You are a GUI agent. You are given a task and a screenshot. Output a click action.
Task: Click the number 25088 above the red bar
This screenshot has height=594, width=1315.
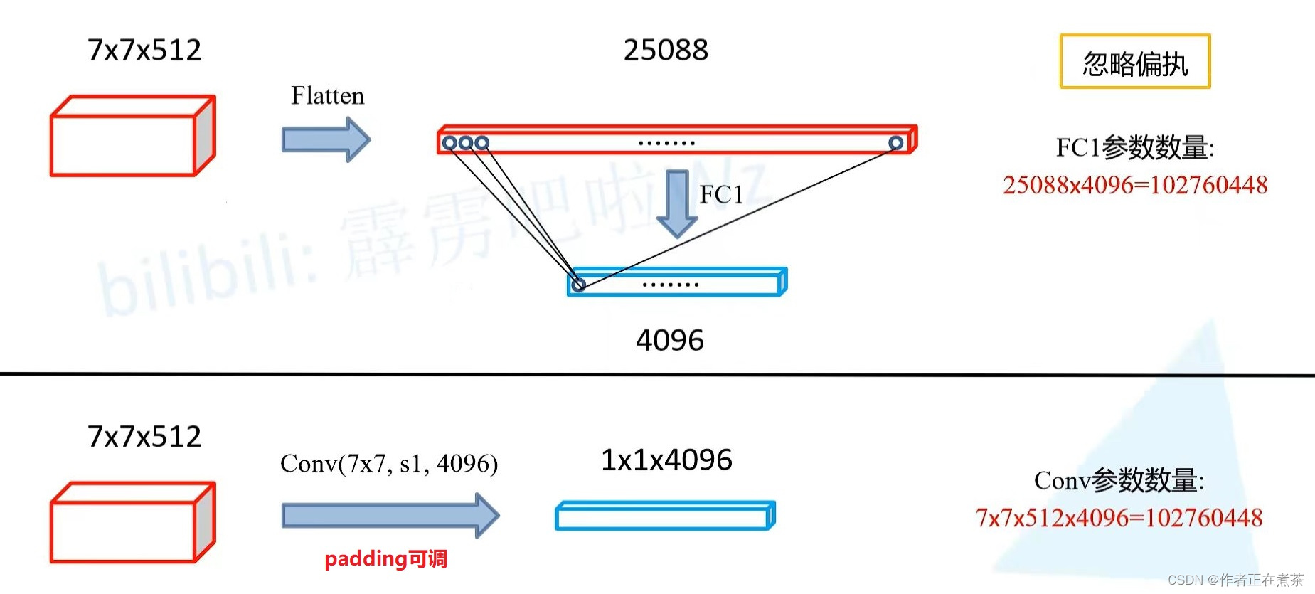tap(666, 51)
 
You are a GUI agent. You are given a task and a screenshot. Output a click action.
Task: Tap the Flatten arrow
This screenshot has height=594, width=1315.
tap(326, 139)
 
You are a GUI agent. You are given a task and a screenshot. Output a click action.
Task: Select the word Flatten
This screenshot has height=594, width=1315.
tap(327, 96)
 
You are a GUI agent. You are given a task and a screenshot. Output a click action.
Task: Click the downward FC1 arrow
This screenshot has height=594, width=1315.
tap(676, 203)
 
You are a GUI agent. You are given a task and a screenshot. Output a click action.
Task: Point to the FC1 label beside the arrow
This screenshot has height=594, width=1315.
tap(720, 194)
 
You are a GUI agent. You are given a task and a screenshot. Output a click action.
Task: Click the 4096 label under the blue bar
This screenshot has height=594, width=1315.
tap(669, 340)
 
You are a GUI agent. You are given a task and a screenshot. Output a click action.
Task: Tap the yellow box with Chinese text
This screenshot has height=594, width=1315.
tap(1134, 62)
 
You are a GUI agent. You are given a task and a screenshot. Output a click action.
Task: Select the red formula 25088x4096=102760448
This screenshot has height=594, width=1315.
tap(1134, 185)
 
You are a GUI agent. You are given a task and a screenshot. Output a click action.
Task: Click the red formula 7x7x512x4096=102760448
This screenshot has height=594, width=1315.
tap(1119, 518)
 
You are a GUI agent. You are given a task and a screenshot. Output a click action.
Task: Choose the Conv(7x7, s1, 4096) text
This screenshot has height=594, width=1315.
tap(389, 464)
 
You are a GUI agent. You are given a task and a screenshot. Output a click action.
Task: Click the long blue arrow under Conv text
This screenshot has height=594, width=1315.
tap(390, 515)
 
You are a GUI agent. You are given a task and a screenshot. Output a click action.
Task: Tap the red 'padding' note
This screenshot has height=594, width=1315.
tap(385, 559)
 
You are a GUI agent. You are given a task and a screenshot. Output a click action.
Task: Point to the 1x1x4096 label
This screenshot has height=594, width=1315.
tap(666, 460)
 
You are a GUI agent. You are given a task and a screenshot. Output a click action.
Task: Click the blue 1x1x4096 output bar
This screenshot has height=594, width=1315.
tap(665, 516)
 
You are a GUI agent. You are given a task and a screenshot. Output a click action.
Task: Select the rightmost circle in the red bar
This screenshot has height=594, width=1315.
tap(895, 143)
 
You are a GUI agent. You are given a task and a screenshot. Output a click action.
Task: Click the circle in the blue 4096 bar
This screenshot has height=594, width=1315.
tap(579, 285)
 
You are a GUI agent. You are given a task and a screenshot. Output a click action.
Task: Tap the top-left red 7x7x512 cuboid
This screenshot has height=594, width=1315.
tap(132, 137)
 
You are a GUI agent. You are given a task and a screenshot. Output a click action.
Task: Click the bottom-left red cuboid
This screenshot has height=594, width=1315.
tap(132, 523)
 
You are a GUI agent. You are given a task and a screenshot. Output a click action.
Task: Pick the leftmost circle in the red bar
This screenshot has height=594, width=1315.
tap(449, 143)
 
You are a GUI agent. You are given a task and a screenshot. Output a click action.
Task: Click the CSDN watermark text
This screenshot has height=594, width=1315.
tap(1235, 580)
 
